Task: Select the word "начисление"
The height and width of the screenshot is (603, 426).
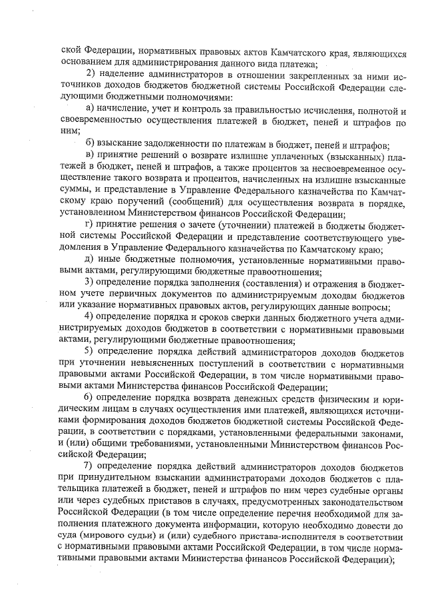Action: coord(128,109)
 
